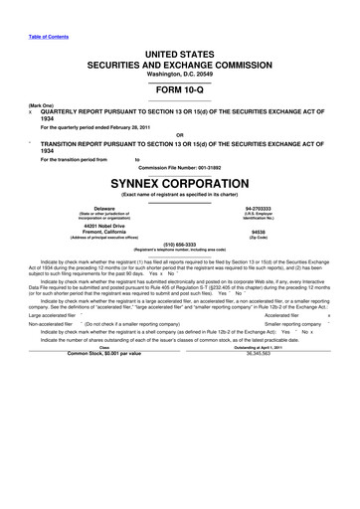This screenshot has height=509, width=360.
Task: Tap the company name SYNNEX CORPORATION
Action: coord(179,184)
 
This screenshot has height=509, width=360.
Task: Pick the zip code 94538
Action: coord(258,236)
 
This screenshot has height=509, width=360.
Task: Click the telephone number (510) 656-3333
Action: coord(179,270)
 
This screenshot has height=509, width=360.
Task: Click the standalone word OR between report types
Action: coord(179,134)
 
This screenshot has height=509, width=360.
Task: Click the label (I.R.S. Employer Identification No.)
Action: coord(258,219)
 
